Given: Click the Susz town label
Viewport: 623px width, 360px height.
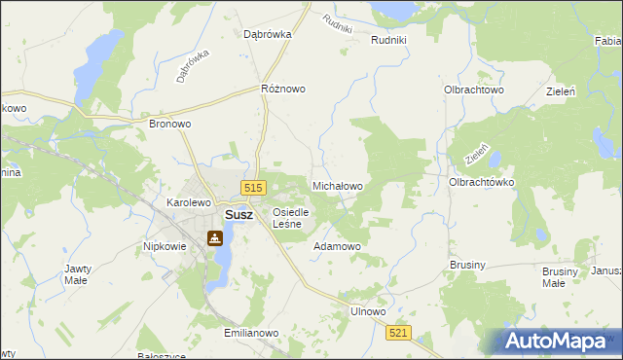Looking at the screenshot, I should click(x=238, y=215).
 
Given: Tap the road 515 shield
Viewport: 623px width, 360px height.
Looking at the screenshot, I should click(x=252, y=188).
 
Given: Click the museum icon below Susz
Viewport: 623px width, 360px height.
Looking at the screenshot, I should click(x=214, y=237).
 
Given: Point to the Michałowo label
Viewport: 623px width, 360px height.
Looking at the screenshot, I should click(x=337, y=185).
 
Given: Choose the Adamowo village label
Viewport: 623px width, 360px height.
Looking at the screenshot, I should click(x=337, y=246).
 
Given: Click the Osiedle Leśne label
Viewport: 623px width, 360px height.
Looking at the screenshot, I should click(x=290, y=218).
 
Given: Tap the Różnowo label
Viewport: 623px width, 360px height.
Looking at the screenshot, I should click(x=283, y=89).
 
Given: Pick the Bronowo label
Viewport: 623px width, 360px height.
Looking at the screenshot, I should click(x=169, y=125).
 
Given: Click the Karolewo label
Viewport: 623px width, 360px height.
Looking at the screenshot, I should click(x=189, y=202).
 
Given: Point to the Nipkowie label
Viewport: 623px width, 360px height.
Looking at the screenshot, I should click(x=165, y=246).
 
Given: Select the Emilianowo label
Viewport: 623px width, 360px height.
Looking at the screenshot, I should click(x=251, y=333).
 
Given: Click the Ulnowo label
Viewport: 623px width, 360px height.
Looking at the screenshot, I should click(x=368, y=311).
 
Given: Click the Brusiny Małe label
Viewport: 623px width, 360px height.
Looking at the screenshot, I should click(x=553, y=277).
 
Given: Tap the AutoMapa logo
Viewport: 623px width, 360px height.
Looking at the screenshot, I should click(x=556, y=342).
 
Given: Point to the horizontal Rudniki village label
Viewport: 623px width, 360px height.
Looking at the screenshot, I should click(x=395, y=40).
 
